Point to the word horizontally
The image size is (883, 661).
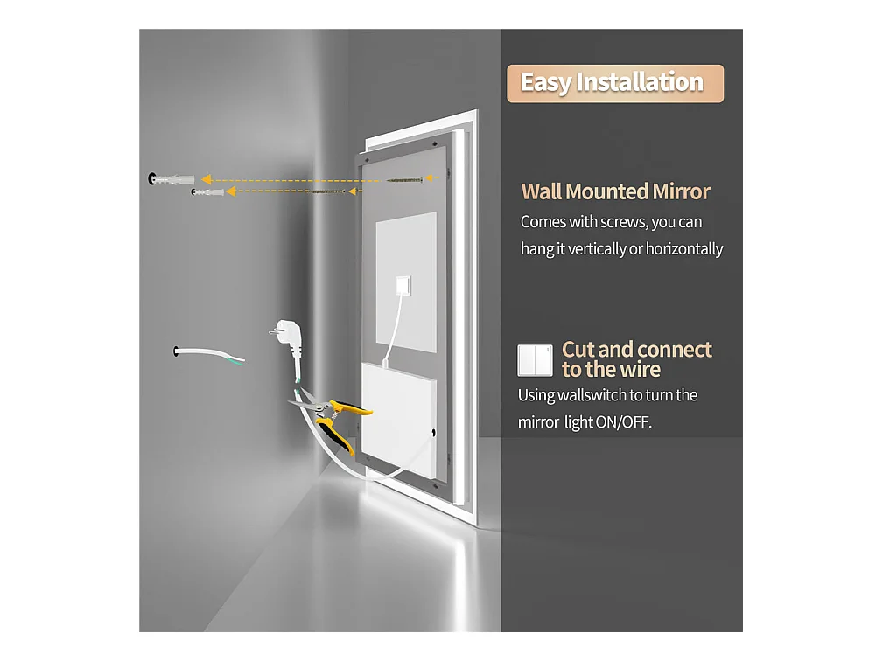click(683, 249)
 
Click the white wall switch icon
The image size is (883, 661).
click(535, 359)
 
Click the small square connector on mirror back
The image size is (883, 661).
click(403, 285)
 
